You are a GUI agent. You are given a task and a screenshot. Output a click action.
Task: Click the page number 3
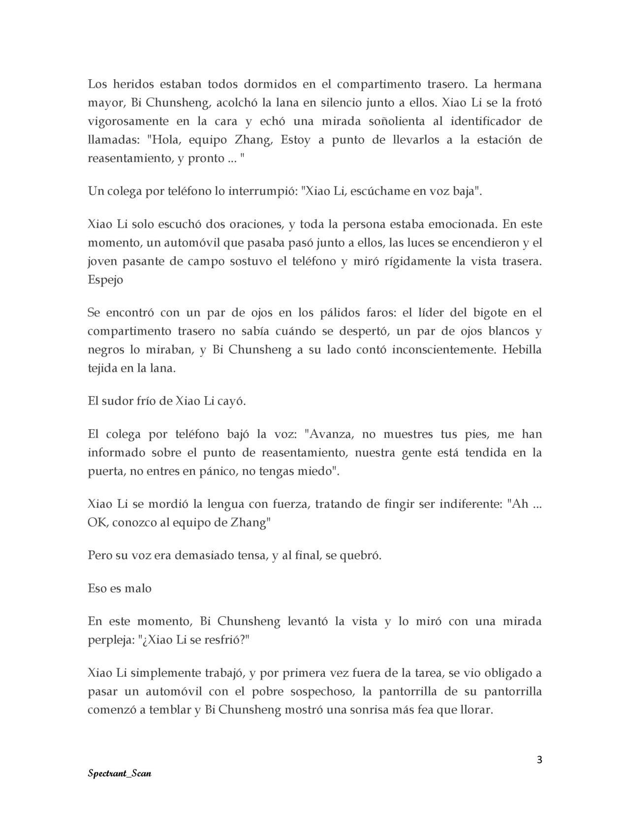click(539, 759)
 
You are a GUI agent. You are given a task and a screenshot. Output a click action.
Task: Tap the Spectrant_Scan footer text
click(119, 773)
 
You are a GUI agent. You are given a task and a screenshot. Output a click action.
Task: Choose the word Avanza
click(328, 434)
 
